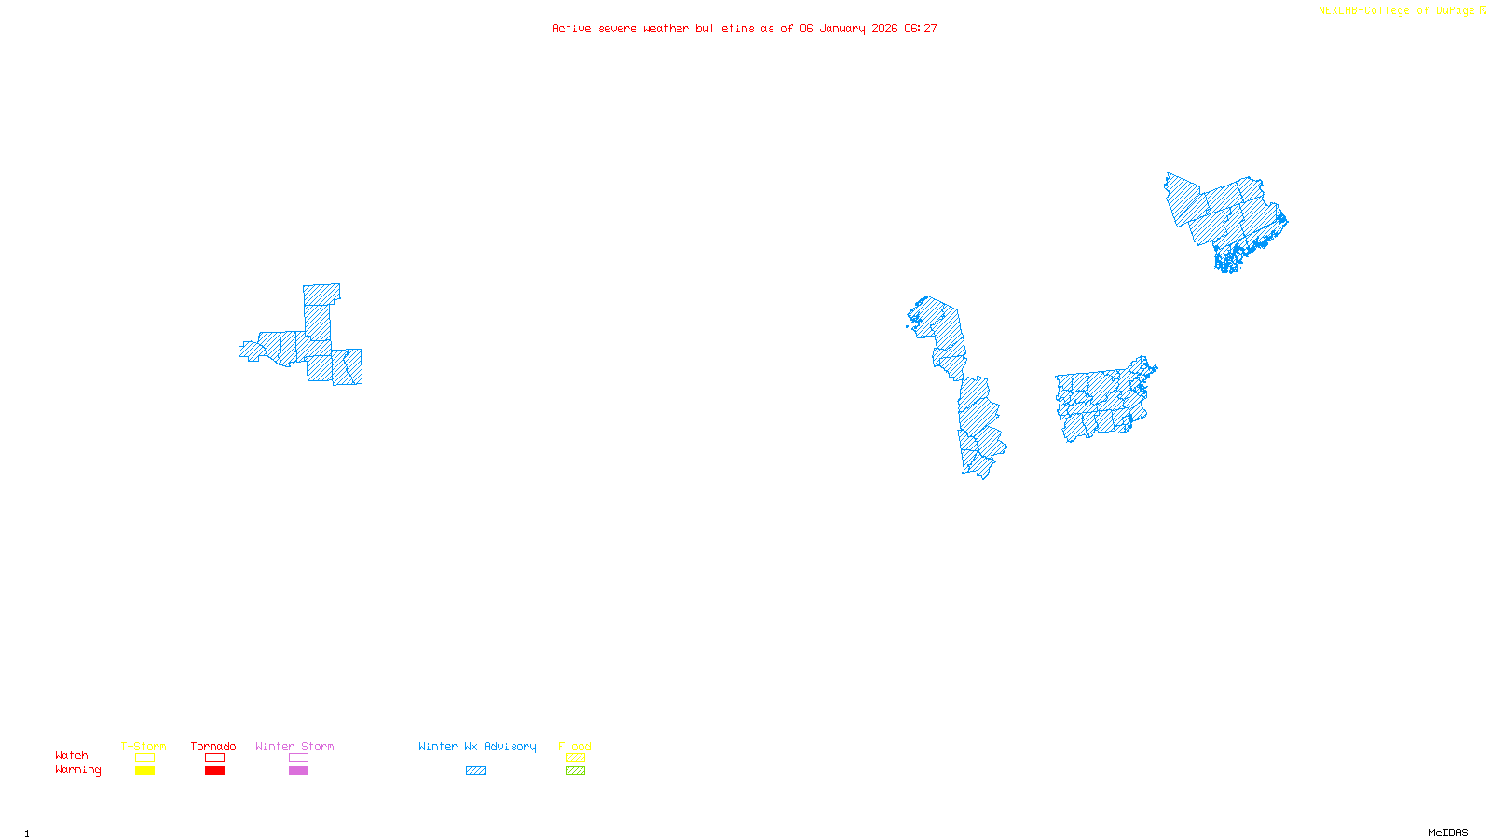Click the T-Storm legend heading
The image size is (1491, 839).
[144, 746]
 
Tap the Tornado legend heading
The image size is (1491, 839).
[213, 746]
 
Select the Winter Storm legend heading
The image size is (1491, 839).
[294, 746]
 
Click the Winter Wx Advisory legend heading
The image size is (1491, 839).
[477, 746]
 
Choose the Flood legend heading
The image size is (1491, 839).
[575, 746]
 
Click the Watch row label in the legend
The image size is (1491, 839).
[72, 755]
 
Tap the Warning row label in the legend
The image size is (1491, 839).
[78, 770]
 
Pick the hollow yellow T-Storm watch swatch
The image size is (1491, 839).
[144, 758]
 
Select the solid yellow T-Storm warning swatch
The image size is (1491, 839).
[144, 771]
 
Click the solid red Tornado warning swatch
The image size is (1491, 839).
[214, 771]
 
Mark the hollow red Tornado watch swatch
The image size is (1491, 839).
[214, 758]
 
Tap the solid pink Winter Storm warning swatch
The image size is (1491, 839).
[298, 771]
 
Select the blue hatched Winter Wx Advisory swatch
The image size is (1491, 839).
[475, 771]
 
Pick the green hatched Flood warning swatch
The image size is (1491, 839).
[576, 771]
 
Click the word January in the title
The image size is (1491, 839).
[842, 28]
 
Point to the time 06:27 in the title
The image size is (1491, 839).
[921, 28]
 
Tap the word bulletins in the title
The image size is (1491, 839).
[725, 28]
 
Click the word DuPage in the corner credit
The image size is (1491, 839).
[1455, 10]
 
